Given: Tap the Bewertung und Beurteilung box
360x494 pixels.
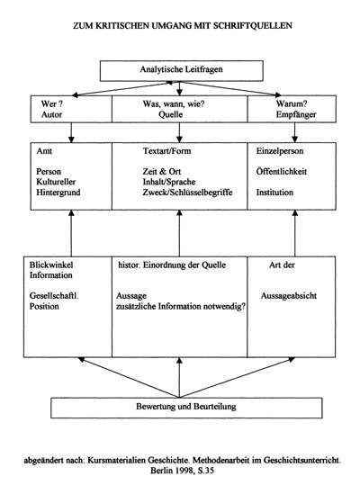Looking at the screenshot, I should (x=180, y=407).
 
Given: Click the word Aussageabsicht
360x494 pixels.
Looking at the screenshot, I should (x=287, y=296).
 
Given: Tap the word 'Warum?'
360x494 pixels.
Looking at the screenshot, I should (x=274, y=103).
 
